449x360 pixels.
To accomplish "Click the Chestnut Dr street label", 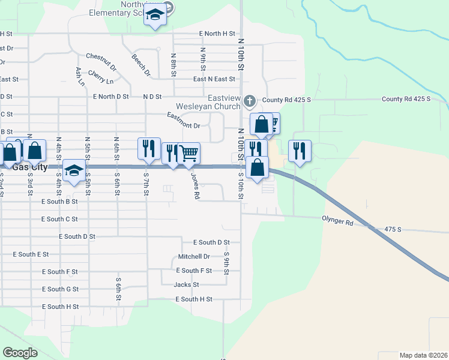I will point(100,61).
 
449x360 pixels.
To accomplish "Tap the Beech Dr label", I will point(142,65).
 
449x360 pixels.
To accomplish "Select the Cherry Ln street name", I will point(100,77).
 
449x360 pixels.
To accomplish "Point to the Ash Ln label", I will point(80,76).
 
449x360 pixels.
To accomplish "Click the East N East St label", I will point(214,79).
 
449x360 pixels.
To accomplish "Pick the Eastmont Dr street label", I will point(183,121).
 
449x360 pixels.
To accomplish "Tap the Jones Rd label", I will point(195,187).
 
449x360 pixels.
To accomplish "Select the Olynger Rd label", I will point(337,222).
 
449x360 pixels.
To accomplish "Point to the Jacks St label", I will point(186,284).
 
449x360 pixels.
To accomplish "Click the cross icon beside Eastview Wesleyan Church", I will point(250,100).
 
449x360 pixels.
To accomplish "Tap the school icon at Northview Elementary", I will point(155,15).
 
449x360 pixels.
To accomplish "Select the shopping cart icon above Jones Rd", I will point(189,154).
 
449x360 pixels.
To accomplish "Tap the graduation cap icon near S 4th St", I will point(74,172).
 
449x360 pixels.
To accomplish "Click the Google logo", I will point(20,353).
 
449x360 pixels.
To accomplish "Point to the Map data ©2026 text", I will point(423,355).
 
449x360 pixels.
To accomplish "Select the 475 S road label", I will point(393,229).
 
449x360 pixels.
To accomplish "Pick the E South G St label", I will point(60,289).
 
